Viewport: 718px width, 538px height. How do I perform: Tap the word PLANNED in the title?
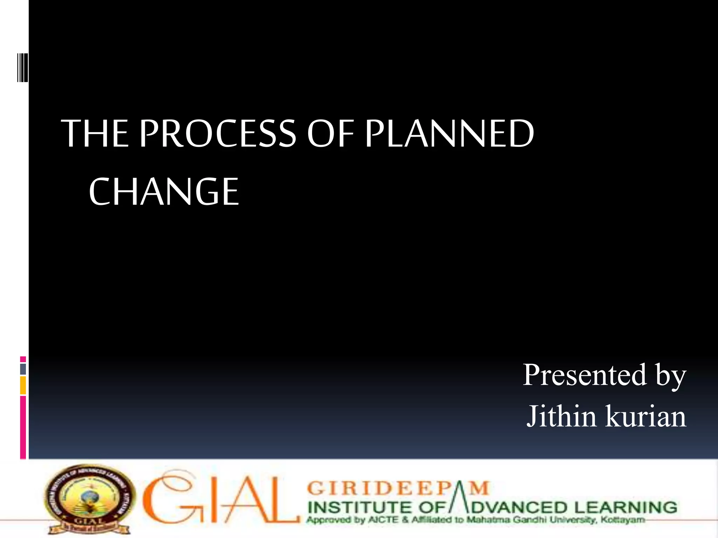449,133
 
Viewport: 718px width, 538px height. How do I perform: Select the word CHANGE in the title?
164,192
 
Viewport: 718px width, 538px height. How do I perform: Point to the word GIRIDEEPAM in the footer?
398,488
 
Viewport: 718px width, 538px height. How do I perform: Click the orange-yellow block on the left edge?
23,385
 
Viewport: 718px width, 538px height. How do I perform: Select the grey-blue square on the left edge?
23,369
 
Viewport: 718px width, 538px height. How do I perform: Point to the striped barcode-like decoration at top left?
23,68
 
